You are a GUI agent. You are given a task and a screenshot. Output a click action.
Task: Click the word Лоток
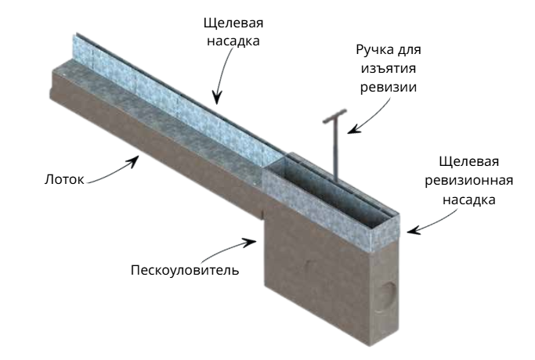(x=64, y=179)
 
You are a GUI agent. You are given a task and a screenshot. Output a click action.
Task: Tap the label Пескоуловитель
(x=185, y=270)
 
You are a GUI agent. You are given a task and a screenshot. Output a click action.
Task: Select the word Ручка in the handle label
(x=376, y=50)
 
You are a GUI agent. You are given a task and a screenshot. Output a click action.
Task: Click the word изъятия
(x=389, y=68)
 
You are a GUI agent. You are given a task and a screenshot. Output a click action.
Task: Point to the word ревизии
(x=389, y=87)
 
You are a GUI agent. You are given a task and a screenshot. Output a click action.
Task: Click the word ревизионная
(x=468, y=180)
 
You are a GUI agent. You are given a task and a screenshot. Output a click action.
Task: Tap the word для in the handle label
(x=410, y=50)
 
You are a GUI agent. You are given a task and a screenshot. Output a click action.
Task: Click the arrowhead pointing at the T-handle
(x=353, y=129)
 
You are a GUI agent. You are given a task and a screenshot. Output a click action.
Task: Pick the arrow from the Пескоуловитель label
(x=229, y=249)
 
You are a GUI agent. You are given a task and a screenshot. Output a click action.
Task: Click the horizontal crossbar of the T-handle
(x=334, y=116)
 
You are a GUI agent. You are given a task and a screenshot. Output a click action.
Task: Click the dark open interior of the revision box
(x=327, y=191)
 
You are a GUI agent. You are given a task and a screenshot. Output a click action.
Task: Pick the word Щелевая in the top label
(x=233, y=23)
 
